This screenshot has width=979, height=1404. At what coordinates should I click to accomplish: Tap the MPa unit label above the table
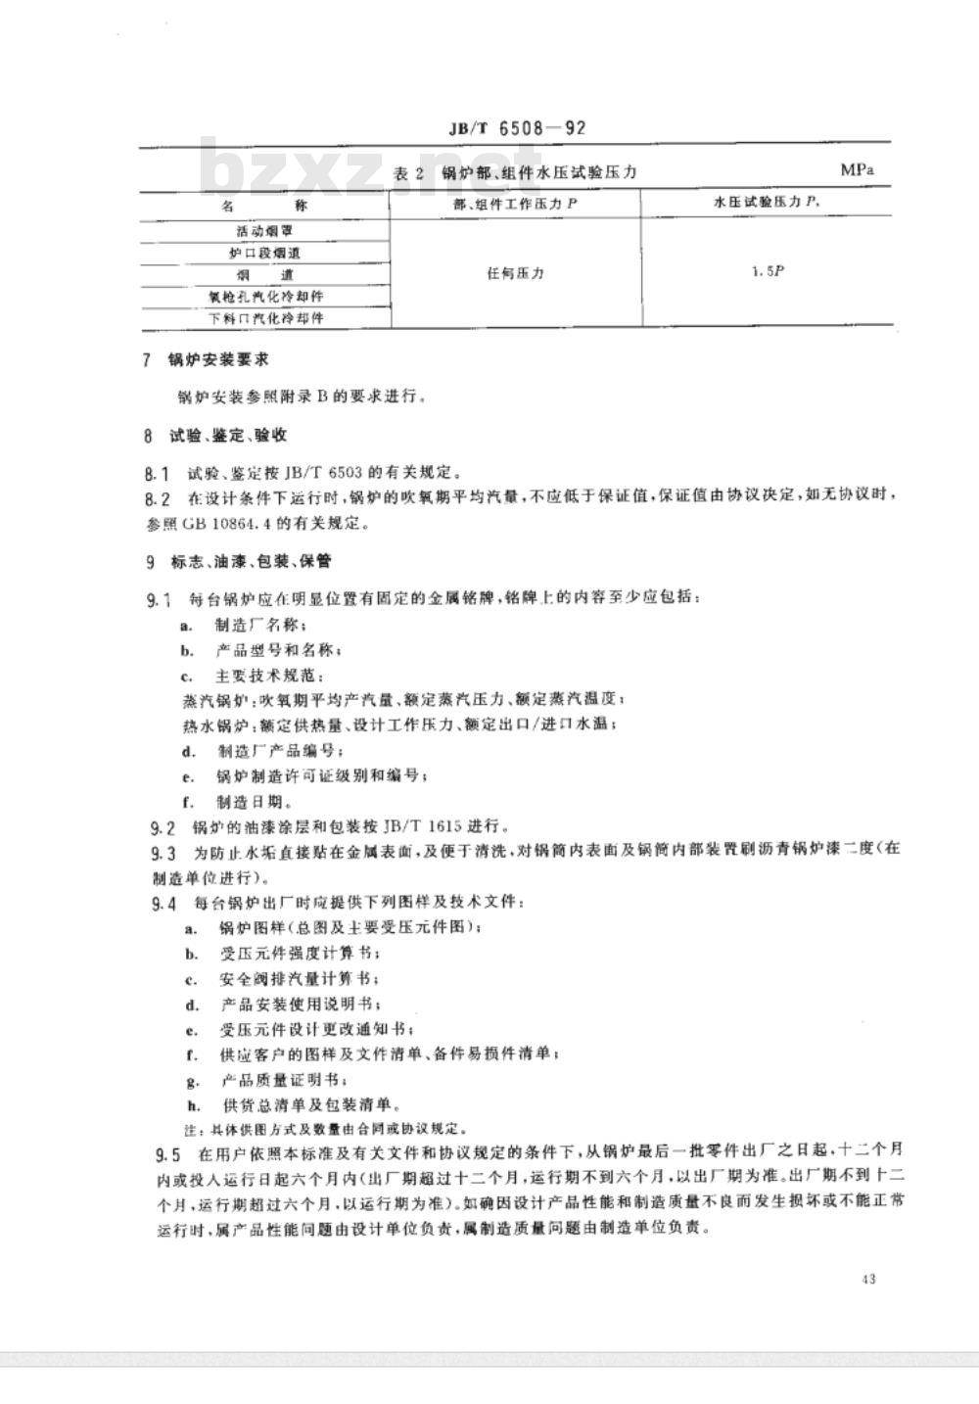click(858, 169)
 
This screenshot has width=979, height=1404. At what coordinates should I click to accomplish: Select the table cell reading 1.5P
click(768, 272)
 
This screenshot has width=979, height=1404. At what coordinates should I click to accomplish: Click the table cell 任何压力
click(515, 273)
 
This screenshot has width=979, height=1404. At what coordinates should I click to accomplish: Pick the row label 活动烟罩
click(264, 231)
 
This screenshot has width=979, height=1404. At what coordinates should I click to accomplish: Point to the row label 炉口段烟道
click(264, 253)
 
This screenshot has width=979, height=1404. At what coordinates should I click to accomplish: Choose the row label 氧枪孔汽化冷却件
click(265, 296)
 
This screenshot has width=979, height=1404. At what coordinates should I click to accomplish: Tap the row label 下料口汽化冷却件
click(265, 318)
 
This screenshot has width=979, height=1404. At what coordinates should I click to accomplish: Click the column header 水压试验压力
click(767, 203)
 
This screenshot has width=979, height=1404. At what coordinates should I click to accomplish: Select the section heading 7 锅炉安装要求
click(205, 360)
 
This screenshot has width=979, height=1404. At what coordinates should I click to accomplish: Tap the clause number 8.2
click(157, 498)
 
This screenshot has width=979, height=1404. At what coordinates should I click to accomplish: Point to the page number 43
click(868, 1279)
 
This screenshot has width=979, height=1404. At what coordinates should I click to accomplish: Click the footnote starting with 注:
click(318, 1128)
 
